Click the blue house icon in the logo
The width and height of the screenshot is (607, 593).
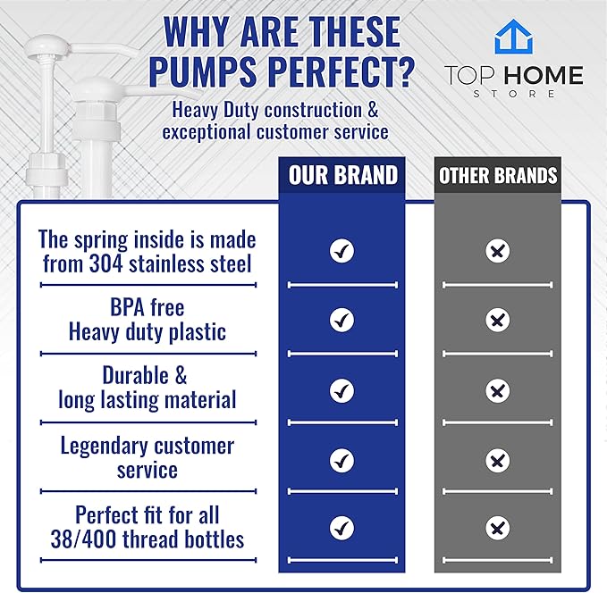[514, 37]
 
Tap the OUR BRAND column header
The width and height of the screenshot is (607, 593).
[343, 175]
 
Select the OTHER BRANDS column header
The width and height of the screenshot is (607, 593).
[498, 175]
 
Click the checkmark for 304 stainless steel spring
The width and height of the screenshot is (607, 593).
[341, 251]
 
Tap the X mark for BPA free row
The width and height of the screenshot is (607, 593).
[497, 320]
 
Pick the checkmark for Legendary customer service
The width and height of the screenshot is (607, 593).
[341, 461]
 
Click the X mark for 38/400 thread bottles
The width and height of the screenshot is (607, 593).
[497, 528]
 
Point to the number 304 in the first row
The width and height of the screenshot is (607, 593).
[105, 263]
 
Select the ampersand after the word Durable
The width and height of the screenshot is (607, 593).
[181, 375]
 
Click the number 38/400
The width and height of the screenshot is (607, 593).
[83, 539]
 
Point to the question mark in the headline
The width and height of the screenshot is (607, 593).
[406, 71]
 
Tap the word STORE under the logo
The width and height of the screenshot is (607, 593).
[514, 94]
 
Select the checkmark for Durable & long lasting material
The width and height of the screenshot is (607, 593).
[341, 391]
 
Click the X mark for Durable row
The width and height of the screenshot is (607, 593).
[497, 391]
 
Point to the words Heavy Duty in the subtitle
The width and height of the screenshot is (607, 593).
[215, 110]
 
